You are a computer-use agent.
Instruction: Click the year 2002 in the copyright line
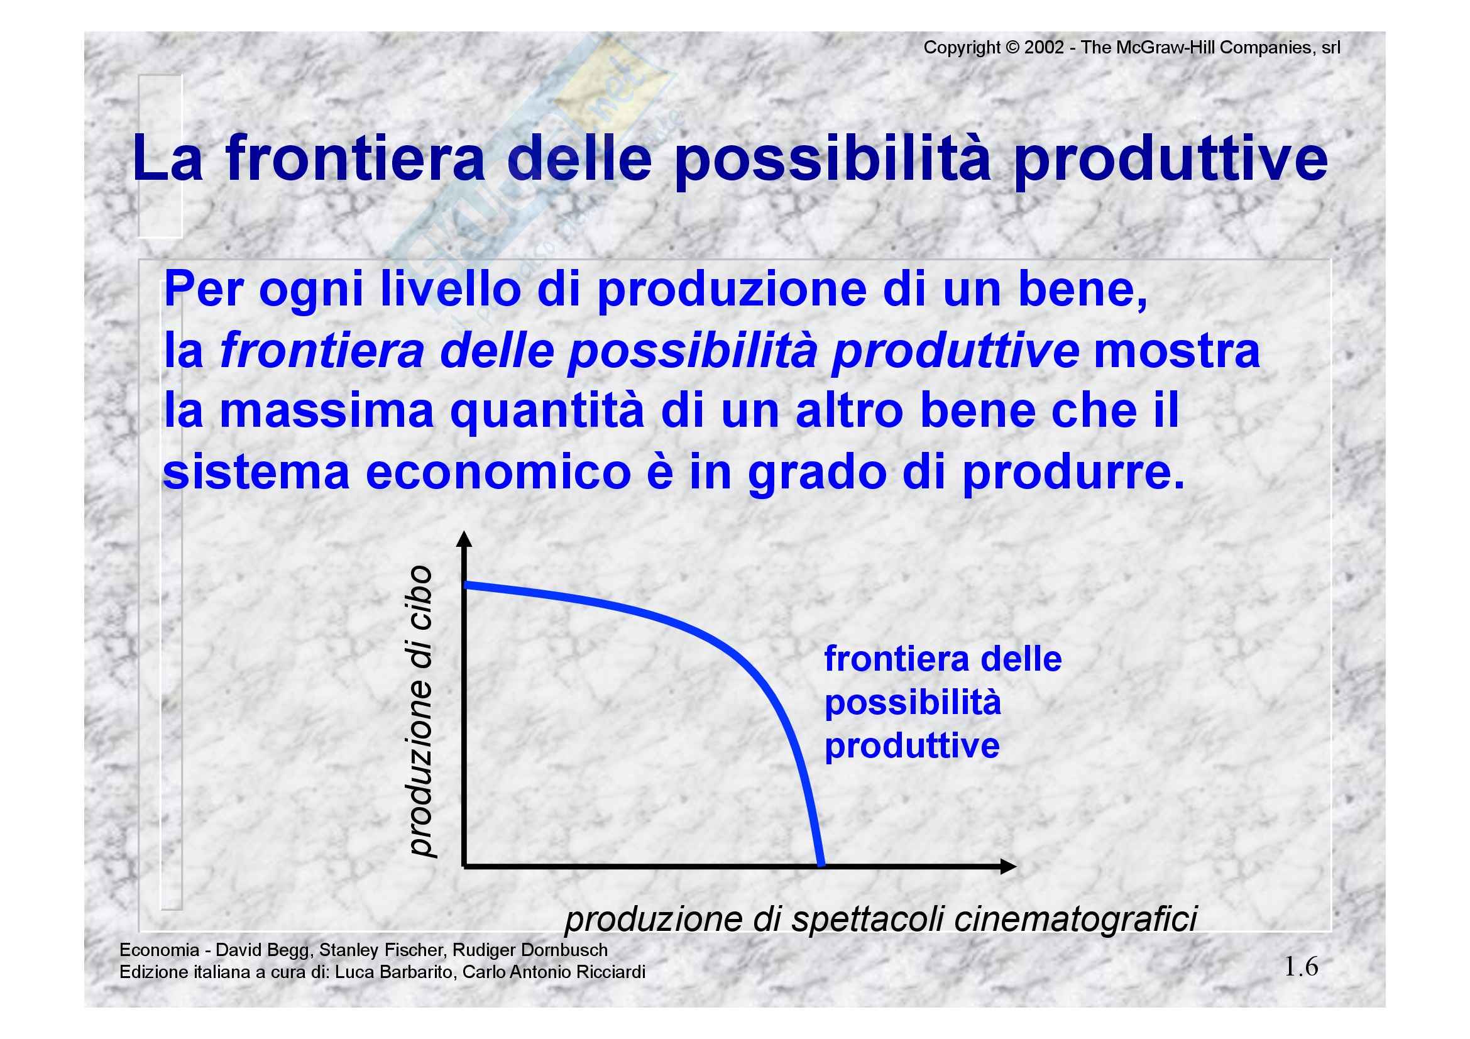(1044, 47)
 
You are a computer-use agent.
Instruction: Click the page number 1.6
(1301, 967)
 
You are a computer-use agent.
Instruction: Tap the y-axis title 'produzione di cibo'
(420, 711)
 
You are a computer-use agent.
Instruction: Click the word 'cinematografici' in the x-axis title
(1075, 920)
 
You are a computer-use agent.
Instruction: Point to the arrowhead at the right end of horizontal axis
(1008, 867)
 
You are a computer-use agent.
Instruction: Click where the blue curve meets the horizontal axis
(821, 865)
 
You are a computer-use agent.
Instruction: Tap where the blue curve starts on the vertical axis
(466, 584)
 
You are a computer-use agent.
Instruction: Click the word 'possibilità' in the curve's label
(913, 703)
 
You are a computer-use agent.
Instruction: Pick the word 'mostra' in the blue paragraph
(1177, 351)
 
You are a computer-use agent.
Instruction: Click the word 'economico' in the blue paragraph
(498, 473)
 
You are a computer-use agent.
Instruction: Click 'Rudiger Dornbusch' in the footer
(530, 950)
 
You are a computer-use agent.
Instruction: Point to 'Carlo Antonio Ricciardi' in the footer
(554, 972)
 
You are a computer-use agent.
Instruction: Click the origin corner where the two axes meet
(464, 867)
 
